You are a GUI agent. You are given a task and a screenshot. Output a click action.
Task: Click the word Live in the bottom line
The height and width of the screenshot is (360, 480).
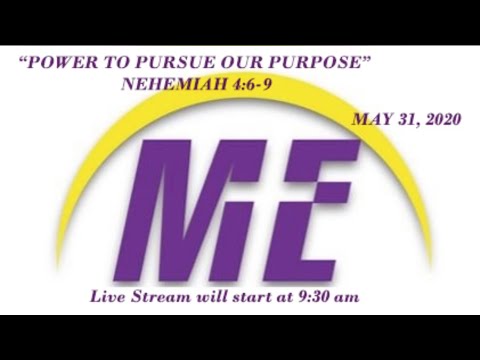(109, 297)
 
